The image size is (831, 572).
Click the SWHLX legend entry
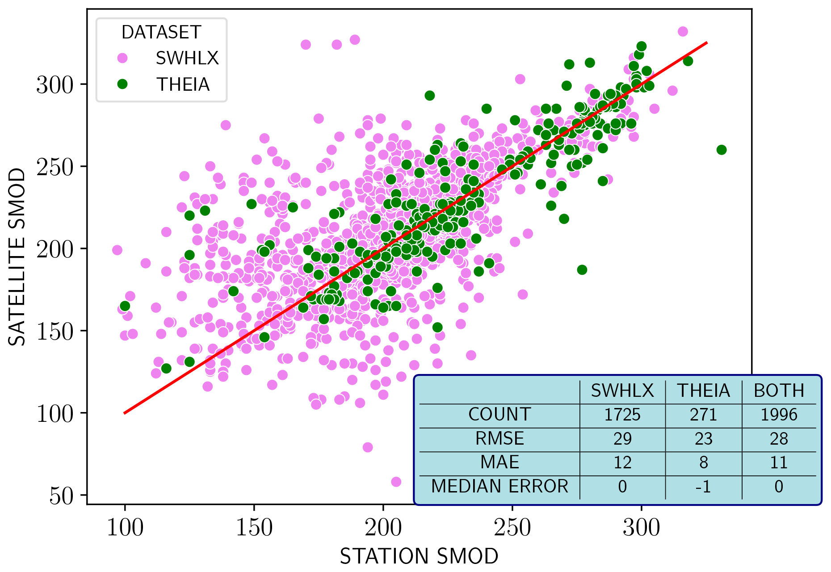(x=187, y=58)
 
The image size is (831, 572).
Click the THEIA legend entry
(x=183, y=84)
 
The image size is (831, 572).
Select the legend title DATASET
(x=161, y=32)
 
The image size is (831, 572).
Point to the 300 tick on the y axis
(x=55, y=84)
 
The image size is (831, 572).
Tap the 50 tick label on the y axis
(x=61, y=496)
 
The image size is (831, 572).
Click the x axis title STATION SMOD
(x=419, y=556)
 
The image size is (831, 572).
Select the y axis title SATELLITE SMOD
(x=17, y=257)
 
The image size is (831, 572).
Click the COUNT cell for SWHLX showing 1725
(x=622, y=415)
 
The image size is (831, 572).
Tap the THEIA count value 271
(x=703, y=415)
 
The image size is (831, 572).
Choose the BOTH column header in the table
(x=779, y=391)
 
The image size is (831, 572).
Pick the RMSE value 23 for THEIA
(x=703, y=439)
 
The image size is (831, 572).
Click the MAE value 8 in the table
(x=703, y=463)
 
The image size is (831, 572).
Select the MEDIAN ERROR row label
(x=499, y=486)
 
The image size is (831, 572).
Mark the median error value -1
(x=703, y=486)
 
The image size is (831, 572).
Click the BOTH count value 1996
(x=779, y=415)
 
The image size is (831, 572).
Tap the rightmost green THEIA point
(x=722, y=150)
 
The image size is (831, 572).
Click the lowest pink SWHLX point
(x=396, y=482)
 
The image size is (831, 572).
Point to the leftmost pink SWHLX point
(x=117, y=250)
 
